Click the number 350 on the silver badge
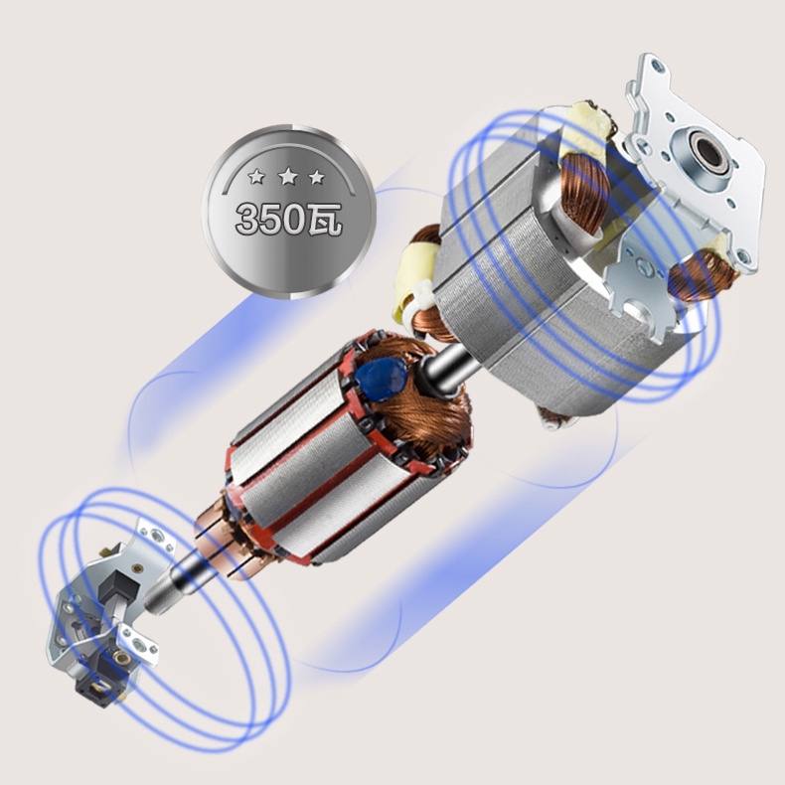click(270, 219)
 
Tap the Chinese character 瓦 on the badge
click(324, 219)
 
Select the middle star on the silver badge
click(288, 176)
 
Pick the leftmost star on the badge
click(256, 176)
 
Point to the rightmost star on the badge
click(317, 177)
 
